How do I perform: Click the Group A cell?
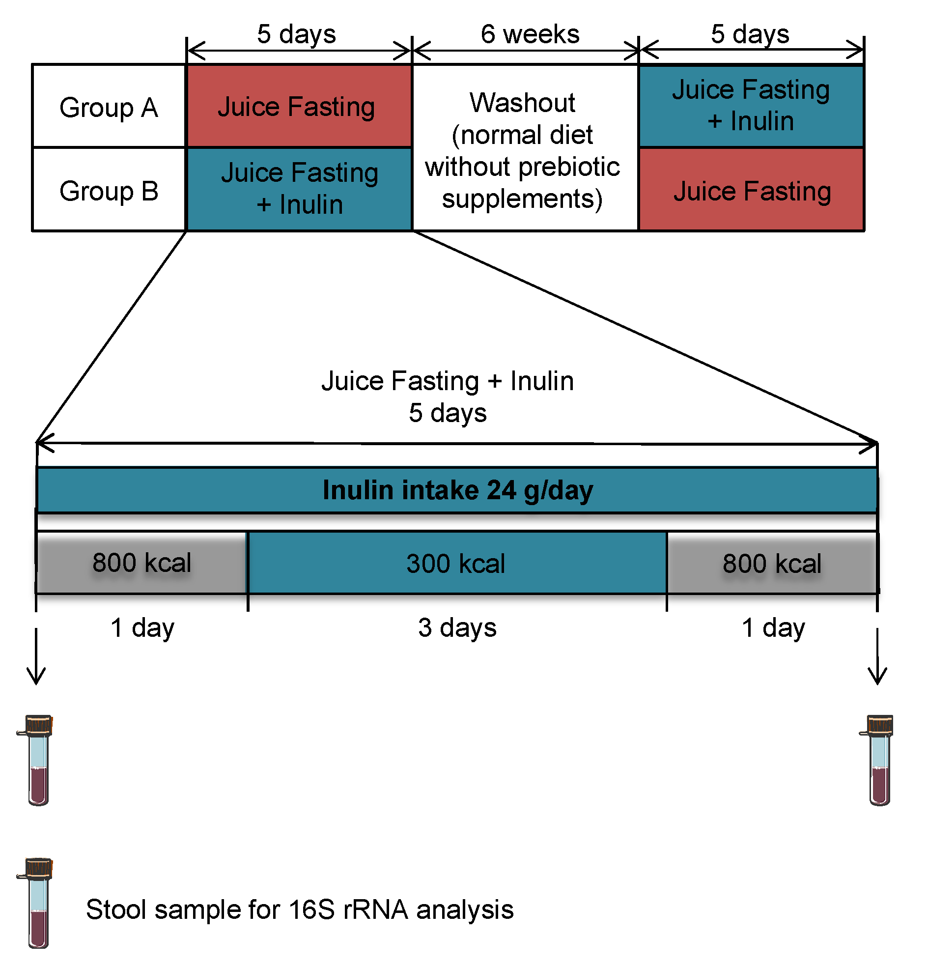point(109,106)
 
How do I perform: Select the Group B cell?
point(109,190)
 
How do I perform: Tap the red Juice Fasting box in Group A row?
point(298,106)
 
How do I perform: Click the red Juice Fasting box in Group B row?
point(751,190)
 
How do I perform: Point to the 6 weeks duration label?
point(530,34)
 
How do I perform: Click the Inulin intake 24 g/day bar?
point(457,490)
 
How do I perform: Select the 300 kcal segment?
point(457,563)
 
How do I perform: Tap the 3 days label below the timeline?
point(457,628)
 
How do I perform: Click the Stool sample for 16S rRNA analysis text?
point(299,909)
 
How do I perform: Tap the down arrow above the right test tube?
point(877,657)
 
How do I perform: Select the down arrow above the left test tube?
point(36,657)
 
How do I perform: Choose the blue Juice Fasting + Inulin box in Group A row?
point(751,106)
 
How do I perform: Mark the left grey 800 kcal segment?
point(142,563)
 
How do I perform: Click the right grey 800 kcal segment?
point(772,563)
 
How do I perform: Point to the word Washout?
point(522,103)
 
